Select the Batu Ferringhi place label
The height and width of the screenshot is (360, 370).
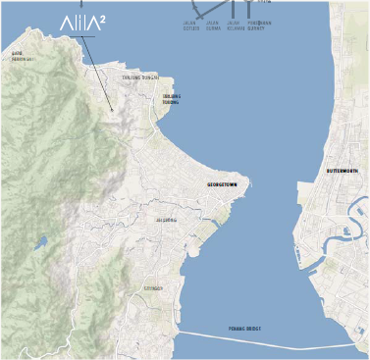23,56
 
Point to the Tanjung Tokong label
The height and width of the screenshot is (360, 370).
171,99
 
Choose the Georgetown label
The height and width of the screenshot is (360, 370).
222,184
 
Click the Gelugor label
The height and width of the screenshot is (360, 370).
153,288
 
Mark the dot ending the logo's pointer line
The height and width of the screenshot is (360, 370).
113,108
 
